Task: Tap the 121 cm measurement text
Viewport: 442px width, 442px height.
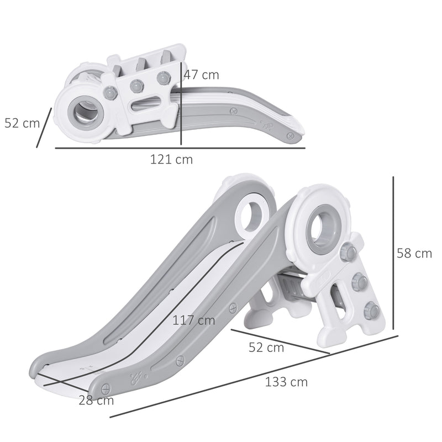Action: (x=172, y=160)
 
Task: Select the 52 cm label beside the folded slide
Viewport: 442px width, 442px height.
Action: (x=22, y=123)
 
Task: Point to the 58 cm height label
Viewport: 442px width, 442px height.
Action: (x=414, y=254)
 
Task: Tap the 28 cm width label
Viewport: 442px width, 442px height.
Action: (x=97, y=401)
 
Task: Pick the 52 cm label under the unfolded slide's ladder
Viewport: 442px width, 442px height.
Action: (x=267, y=348)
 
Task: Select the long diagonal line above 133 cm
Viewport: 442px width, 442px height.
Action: (x=254, y=376)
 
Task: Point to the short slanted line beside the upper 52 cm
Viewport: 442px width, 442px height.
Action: (x=44, y=128)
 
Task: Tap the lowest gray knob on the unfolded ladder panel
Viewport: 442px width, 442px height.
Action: (x=371, y=309)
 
